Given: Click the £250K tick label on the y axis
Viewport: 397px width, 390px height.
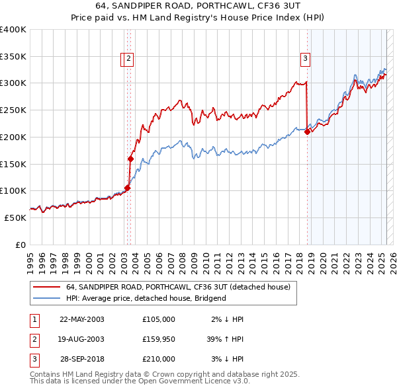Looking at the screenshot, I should tap(13, 110).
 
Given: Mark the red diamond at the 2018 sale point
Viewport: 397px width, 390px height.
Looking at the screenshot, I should tap(307, 132).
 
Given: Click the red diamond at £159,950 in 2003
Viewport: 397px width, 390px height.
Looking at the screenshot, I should tap(130, 159).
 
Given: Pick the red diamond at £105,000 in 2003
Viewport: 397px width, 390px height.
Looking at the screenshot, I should tap(128, 188).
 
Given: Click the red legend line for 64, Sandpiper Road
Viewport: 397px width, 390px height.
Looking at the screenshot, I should tap(47, 288).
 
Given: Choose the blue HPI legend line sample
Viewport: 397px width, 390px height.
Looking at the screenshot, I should tap(47, 298).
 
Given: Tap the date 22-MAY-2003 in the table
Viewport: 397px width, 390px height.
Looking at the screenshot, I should tap(82, 319).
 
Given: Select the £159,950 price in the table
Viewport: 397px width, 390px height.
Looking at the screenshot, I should tap(159, 339).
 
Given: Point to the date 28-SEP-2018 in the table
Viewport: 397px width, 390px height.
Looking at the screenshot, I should tap(82, 359).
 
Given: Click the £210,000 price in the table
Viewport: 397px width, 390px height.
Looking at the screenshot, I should tap(159, 359).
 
